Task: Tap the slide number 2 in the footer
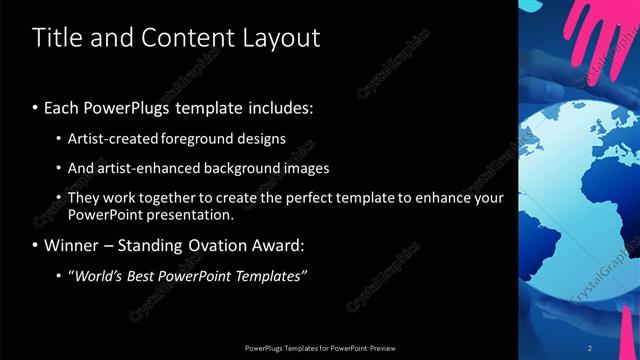590,347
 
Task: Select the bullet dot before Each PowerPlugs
36,107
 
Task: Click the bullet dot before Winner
36,246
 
